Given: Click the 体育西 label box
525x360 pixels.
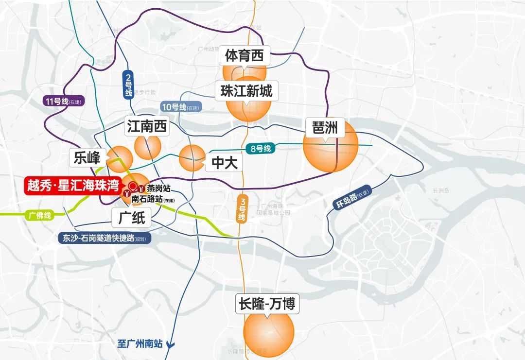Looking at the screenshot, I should (x=244, y=56).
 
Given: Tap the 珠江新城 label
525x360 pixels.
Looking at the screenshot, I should (x=246, y=91).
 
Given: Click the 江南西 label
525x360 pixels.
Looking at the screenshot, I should (x=146, y=127).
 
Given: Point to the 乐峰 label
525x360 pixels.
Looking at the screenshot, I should (x=87, y=157).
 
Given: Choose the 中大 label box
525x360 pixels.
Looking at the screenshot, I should (x=224, y=163).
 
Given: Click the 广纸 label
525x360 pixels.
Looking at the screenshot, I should (x=132, y=218).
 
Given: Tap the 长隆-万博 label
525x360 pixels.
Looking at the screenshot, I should (x=267, y=304).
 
